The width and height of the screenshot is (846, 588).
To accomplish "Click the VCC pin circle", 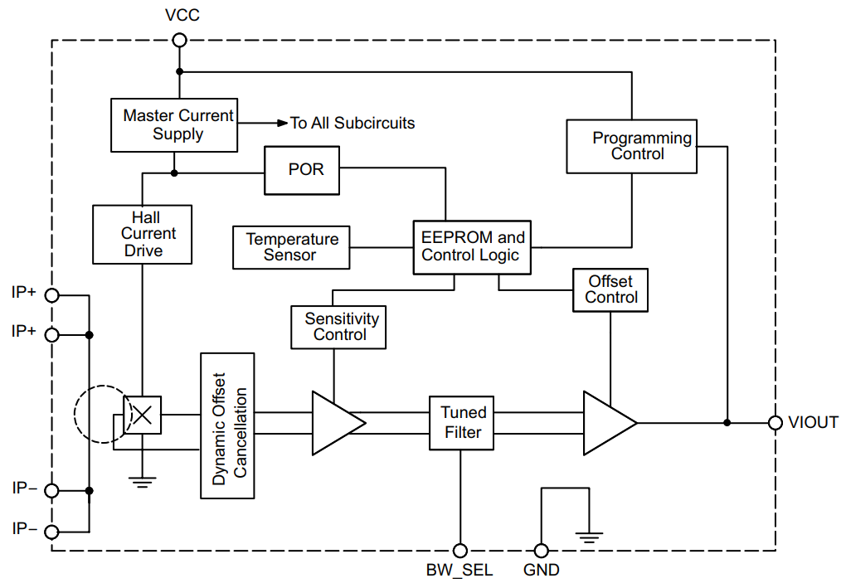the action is (179, 40).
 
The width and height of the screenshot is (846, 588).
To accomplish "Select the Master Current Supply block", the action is (173, 125).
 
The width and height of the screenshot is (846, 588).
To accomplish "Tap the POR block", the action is (302, 170).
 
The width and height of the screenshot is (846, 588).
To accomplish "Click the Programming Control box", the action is (631, 146).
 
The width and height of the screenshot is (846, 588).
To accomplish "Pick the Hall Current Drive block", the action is (142, 234).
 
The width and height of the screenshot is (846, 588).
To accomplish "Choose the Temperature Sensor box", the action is (291, 248).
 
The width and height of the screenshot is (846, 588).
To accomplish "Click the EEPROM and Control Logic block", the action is (472, 247).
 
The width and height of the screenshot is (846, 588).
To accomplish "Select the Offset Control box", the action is (610, 290).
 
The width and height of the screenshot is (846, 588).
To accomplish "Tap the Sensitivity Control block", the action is (338, 328).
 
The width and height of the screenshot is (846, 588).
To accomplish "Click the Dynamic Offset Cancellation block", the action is (227, 425).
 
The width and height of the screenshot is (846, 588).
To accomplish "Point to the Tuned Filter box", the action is (461, 423).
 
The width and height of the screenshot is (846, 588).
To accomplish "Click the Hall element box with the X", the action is (143, 415).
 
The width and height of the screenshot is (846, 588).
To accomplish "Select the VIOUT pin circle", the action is (775, 423).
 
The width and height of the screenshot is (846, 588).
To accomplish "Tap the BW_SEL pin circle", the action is (460, 551).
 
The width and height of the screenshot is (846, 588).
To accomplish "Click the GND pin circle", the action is (541, 551).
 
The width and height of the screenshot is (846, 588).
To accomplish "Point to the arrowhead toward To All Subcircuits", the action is (283, 123).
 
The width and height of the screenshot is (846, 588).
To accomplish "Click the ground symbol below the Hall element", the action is (143, 483).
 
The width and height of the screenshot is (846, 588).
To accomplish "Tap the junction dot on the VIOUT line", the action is (727, 423).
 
